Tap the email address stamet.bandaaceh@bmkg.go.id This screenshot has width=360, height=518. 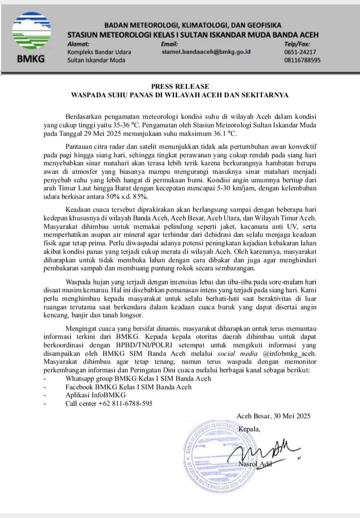(206, 51)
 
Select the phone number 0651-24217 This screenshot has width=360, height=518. (297, 51)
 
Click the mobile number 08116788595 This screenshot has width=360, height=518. (302, 60)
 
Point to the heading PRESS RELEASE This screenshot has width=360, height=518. (180, 86)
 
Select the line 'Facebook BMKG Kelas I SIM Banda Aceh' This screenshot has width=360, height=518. (128, 386)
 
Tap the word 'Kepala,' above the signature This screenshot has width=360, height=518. (249, 429)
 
